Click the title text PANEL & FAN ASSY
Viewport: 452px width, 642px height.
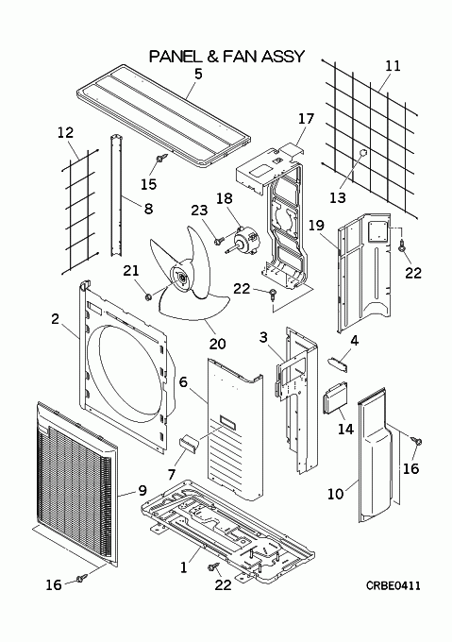pyautogui.click(x=226, y=56)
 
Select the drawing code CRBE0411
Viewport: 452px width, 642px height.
pyautogui.click(x=393, y=585)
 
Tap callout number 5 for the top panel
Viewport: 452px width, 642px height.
pyautogui.click(x=198, y=74)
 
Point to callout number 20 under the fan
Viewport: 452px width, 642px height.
pyautogui.click(x=217, y=343)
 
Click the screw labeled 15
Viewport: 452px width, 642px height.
pyautogui.click(x=161, y=158)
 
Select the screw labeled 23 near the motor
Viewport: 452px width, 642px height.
pyautogui.click(x=219, y=241)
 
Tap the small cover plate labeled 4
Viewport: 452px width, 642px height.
pyautogui.click(x=338, y=364)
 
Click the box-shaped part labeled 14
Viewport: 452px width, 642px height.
pyautogui.click(x=335, y=398)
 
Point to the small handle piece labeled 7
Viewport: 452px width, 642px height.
pyautogui.click(x=189, y=444)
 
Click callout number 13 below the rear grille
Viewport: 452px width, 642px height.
pyautogui.click(x=338, y=197)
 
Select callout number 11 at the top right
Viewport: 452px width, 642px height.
pyautogui.click(x=393, y=66)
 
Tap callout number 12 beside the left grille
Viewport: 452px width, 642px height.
pyautogui.click(x=65, y=132)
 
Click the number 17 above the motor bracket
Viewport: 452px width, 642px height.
pyautogui.click(x=306, y=119)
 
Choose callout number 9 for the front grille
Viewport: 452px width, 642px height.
pyautogui.click(x=142, y=490)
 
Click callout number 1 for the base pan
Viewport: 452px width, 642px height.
pyautogui.click(x=184, y=567)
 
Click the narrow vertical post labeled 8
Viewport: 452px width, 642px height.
pyautogui.click(x=115, y=195)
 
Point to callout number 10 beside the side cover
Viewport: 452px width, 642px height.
pyautogui.click(x=335, y=494)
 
